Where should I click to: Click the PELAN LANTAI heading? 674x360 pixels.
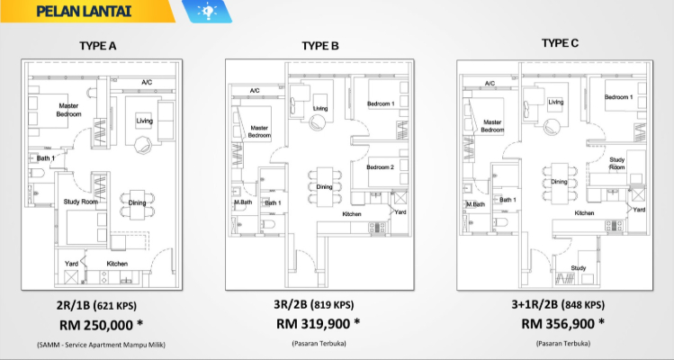pos(84,11)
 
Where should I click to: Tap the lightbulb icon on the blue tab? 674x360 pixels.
pos(207,10)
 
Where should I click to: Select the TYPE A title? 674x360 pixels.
pos(97,46)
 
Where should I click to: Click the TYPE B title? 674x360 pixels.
pos(320,46)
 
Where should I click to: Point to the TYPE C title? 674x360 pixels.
pos(560,43)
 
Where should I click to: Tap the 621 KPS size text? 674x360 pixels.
pos(116,306)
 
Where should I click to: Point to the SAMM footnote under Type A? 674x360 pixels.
pos(101,345)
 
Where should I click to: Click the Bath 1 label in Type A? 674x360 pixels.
pos(46,158)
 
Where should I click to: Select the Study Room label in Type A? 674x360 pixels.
pos(81,202)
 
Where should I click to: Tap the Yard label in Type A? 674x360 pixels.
pos(71,263)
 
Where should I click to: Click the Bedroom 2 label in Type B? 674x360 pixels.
pos(380,167)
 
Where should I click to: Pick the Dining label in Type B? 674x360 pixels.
pos(325,186)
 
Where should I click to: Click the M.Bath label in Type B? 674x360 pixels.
pos(243,202)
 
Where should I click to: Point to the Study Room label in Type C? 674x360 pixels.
pos(616,163)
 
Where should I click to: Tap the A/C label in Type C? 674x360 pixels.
pos(490,83)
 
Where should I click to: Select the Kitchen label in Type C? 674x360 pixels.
pos(585,213)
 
